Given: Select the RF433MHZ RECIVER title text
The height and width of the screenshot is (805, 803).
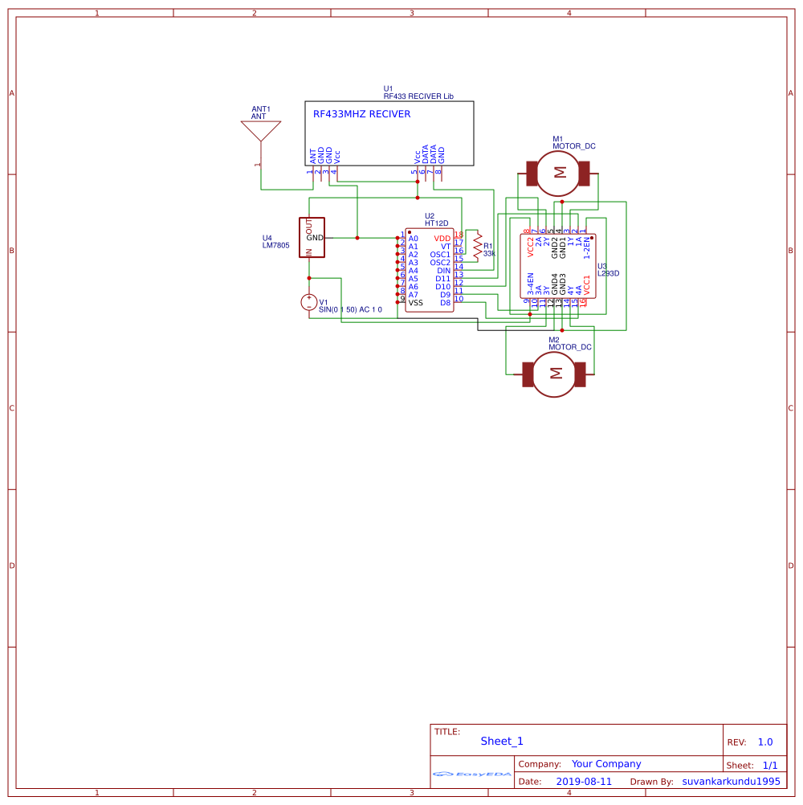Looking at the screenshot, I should click(x=361, y=114).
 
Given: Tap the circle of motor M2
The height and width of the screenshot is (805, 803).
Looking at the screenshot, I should click(x=555, y=373).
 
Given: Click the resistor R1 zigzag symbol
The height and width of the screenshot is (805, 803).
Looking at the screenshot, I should click(x=477, y=246).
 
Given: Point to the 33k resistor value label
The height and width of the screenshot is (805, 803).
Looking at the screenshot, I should click(x=489, y=254).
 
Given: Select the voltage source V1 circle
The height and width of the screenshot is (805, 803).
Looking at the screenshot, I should click(x=308, y=302).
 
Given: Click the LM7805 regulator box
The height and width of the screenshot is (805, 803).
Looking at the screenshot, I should click(x=312, y=238).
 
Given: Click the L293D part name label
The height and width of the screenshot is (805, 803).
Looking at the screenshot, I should click(x=608, y=273).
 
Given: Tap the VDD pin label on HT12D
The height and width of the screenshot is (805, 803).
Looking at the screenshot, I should click(x=442, y=239).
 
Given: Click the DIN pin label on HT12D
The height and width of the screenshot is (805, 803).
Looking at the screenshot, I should click(x=444, y=271).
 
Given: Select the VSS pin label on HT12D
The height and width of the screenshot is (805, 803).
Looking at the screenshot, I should click(x=415, y=303).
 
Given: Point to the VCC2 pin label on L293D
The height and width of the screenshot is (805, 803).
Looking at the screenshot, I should click(x=531, y=247).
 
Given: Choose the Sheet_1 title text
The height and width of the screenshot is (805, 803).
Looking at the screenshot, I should click(x=502, y=742).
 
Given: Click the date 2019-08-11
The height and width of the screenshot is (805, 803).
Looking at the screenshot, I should click(x=583, y=781).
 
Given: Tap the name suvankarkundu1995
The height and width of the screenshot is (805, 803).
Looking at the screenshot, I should click(x=731, y=781).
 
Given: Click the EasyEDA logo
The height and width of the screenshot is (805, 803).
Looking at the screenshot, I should click(x=472, y=774).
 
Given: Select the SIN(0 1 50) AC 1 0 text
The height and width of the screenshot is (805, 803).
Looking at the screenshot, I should click(x=350, y=309).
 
